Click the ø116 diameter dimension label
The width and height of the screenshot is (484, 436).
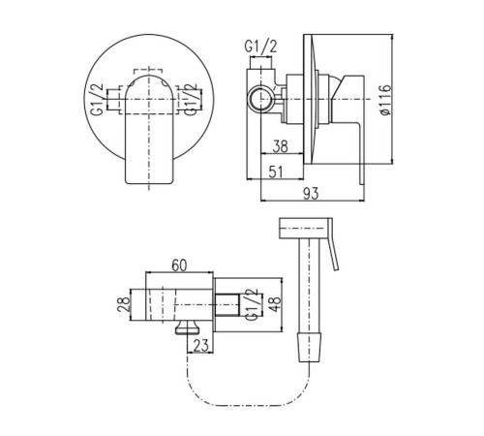coord(385,100)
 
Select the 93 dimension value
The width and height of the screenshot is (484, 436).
coord(311,194)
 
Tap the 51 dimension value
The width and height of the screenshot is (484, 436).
coord(276,171)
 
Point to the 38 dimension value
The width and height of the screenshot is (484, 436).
coord(280,146)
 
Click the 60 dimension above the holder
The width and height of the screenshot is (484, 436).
coord(179,265)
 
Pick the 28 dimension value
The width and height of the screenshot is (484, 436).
coord(124,304)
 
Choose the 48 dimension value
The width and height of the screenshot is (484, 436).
coord(275,303)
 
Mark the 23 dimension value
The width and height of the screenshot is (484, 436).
coord(201,346)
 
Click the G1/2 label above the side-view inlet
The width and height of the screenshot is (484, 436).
coord(260,47)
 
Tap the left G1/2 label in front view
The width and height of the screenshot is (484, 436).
coord(98,99)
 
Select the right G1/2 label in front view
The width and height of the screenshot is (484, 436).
coord(190,100)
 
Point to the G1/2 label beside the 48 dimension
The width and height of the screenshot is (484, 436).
coord(252,304)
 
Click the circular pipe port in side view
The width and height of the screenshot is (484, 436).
coord(261,99)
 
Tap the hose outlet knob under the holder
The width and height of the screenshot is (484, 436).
coord(188,327)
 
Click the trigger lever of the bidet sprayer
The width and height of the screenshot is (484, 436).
coord(333,244)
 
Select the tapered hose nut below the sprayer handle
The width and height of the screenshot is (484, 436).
coord(309,347)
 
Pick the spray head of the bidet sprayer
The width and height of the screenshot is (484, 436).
coord(304,229)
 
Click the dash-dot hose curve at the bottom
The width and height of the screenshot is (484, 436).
coord(247,405)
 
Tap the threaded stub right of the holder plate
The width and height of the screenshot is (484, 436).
coord(227,304)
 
